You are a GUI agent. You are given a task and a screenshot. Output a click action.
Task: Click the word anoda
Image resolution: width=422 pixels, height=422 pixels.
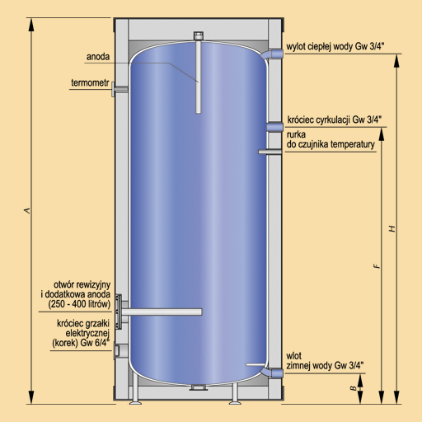(x=98, y=57)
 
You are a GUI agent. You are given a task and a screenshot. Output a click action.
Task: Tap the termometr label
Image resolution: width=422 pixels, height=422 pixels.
(x=90, y=82)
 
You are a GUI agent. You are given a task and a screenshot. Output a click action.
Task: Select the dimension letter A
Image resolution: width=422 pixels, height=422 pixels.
(x=27, y=211)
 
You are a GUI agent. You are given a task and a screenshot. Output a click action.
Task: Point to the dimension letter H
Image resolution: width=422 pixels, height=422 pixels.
(x=392, y=228)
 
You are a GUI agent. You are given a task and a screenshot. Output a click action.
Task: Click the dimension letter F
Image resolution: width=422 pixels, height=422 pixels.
(x=377, y=265)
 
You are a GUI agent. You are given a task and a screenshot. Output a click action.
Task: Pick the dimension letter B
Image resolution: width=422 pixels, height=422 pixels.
(x=354, y=388)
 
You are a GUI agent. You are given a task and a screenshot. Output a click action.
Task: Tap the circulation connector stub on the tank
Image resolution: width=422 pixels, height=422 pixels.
(x=274, y=127)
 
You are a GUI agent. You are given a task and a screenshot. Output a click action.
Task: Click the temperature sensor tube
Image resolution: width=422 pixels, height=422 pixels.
(x=270, y=152)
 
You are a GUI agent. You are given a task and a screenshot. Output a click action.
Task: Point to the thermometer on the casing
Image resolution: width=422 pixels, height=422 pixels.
(x=120, y=89)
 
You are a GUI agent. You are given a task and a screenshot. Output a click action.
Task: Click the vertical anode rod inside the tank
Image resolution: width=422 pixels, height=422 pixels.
(x=199, y=73)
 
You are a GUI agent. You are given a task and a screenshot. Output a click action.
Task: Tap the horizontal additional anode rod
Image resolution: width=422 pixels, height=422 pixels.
(x=162, y=312)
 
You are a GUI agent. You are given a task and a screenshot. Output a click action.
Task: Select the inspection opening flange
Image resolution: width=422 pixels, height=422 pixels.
(x=119, y=312)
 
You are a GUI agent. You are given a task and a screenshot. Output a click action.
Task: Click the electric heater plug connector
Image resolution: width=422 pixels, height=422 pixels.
(x=117, y=350)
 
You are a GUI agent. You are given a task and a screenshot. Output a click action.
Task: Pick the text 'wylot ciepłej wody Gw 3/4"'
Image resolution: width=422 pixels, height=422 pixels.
(x=335, y=46)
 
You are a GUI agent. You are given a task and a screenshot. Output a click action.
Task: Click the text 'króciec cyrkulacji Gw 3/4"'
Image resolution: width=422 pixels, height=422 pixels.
(x=335, y=120)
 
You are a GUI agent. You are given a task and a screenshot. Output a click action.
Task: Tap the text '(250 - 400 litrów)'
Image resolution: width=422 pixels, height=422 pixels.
(x=79, y=304)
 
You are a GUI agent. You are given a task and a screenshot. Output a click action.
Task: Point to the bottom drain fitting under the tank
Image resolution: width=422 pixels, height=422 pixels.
(x=199, y=387)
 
